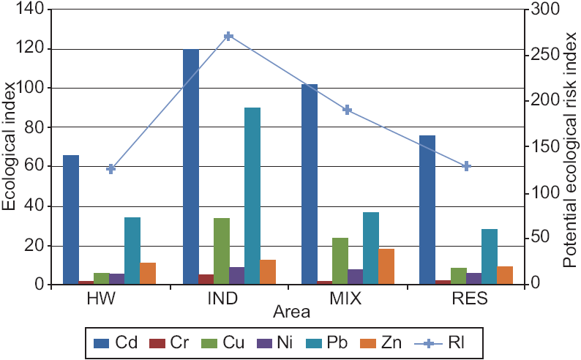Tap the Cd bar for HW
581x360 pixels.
click(71, 220)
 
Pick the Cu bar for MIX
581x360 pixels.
click(340, 260)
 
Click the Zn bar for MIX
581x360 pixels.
click(386, 266)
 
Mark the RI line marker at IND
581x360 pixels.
click(229, 36)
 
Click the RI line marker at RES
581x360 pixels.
click(466, 166)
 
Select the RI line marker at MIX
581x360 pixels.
click(348, 110)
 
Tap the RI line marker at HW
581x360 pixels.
click(111, 169)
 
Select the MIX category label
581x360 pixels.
click(347, 300)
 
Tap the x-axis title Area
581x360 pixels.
click(291, 312)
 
